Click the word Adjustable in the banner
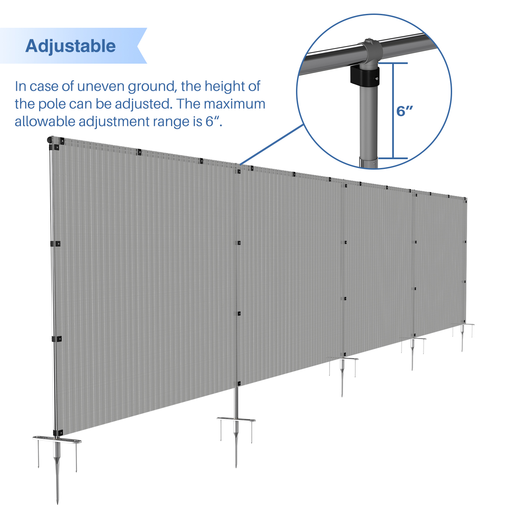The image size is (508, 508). tap(70, 46)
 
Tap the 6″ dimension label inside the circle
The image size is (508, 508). tap(405, 111)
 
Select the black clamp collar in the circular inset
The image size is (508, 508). tap(364, 75)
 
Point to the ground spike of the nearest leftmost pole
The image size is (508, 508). tap(57, 467)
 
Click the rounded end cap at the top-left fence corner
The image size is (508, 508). tap(49, 140)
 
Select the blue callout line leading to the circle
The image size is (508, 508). tap(272, 145)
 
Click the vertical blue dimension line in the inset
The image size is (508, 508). tap(393, 111)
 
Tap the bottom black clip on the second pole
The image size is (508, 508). tap(239, 383)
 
